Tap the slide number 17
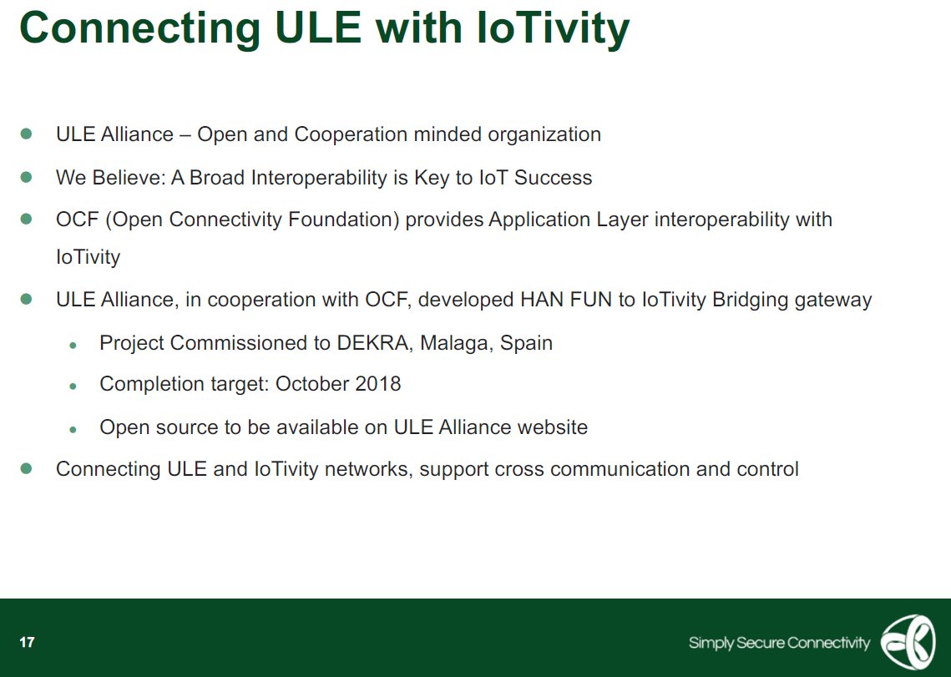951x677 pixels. (28, 642)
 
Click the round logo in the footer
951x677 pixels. (908, 642)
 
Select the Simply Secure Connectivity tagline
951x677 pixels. (778, 643)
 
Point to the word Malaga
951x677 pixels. (457, 343)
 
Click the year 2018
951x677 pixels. (376, 384)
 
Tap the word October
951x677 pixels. (310, 384)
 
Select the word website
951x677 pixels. (552, 427)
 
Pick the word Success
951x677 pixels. (553, 178)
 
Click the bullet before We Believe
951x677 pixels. (26, 178)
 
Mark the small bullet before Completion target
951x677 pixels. (73, 386)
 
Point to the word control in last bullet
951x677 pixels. (767, 469)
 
